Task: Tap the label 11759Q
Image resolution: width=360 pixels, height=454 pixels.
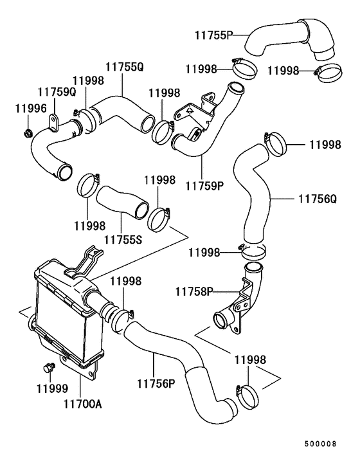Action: tap(57, 92)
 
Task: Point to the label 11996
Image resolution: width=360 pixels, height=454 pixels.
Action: tap(31, 109)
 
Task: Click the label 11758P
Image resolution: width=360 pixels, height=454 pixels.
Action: tap(194, 291)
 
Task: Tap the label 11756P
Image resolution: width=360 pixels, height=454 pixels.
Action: tap(156, 384)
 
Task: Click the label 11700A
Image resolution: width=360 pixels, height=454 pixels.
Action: tap(82, 404)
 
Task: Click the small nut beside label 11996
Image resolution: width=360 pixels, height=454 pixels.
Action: tap(28, 134)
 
